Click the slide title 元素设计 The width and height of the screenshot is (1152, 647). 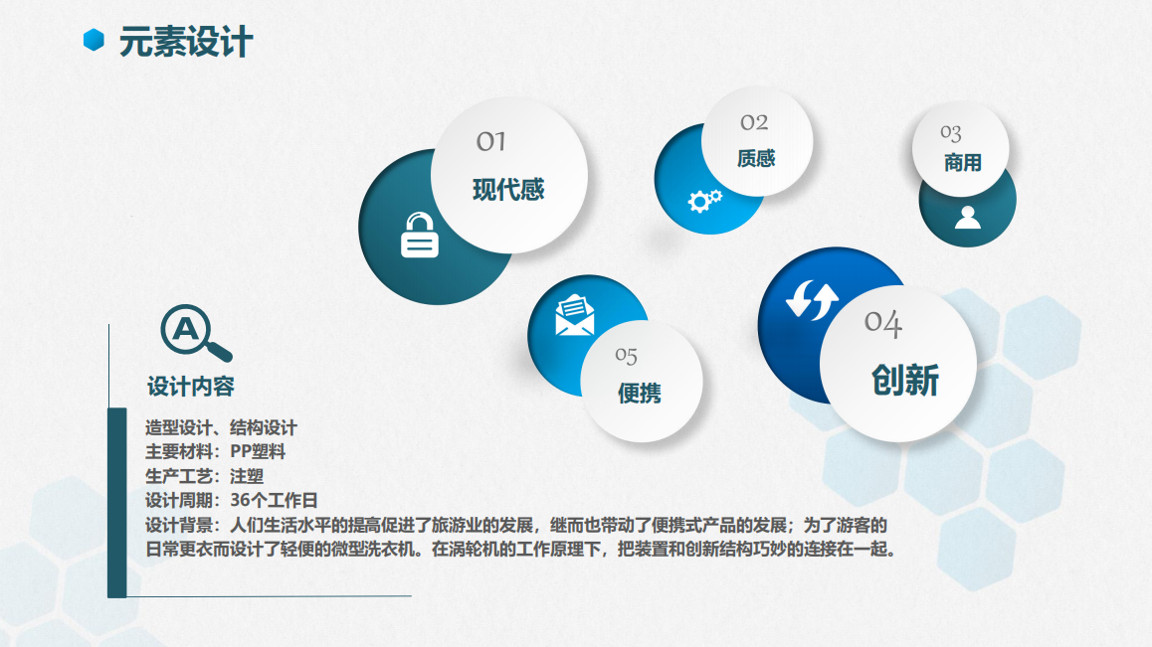[x=186, y=41]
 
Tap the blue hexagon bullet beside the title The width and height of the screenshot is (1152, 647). [x=94, y=40]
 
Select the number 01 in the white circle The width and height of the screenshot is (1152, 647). [x=490, y=141]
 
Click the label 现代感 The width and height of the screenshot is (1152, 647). [x=508, y=190]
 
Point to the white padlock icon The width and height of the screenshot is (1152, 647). [x=420, y=235]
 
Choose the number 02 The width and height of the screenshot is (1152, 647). [x=754, y=122]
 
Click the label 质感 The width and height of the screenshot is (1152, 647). [x=756, y=158]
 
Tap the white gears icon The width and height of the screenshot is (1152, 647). [x=704, y=201]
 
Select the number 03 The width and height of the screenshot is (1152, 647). [x=951, y=133]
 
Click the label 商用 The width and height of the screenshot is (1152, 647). [x=962, y=162]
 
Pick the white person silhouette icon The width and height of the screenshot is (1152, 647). [x=968, y=218]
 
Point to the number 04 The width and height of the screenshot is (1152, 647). [x=883, y=322]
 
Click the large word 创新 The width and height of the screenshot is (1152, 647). [x=905, y=381]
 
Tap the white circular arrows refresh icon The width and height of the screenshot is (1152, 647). [x=812, y=300]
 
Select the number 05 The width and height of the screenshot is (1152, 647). [x=626, y=356]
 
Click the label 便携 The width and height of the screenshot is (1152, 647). [x=640, y=393]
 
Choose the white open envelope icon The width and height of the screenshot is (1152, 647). [x=575, y=315]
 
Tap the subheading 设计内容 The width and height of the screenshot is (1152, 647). [x=190, y=387]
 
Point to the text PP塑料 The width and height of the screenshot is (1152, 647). [x=258, y=451]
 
